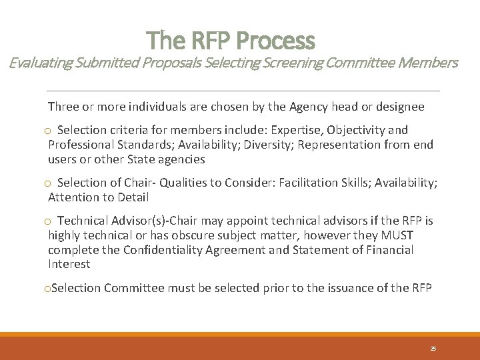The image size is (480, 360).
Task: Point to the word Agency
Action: coord(307,107)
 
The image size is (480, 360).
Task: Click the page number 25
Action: coord(433,349)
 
